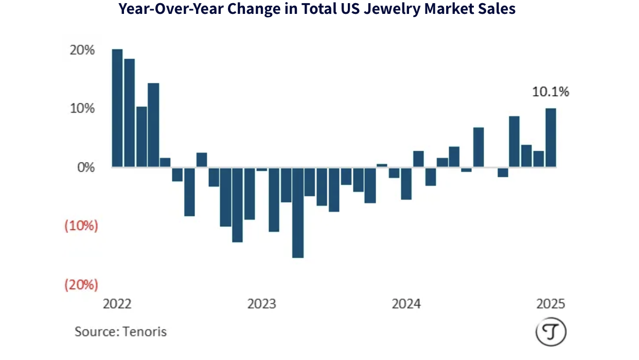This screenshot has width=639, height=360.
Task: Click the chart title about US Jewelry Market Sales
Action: pos(317,9)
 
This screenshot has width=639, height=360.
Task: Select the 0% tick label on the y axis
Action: pos(85,168)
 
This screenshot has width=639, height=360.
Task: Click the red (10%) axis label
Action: pos(81,226)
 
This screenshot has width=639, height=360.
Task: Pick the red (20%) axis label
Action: pos(81,285)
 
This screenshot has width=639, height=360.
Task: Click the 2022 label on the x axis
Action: pos(117,304)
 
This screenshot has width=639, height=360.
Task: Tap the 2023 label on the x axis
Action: pos(262,304)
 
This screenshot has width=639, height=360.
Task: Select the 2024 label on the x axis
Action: pos(406,304)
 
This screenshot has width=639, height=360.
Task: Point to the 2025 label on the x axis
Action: pos(551,304)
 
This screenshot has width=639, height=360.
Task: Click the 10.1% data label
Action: pos(551,93)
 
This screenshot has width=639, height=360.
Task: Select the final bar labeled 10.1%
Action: pos(551,138)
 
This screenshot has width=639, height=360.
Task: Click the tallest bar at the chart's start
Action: pos(117,108)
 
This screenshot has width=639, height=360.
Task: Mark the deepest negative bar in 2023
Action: pos(298,212)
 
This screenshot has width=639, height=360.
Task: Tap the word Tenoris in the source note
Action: pos(145,331)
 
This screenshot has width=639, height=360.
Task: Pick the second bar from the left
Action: pos(129,113)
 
